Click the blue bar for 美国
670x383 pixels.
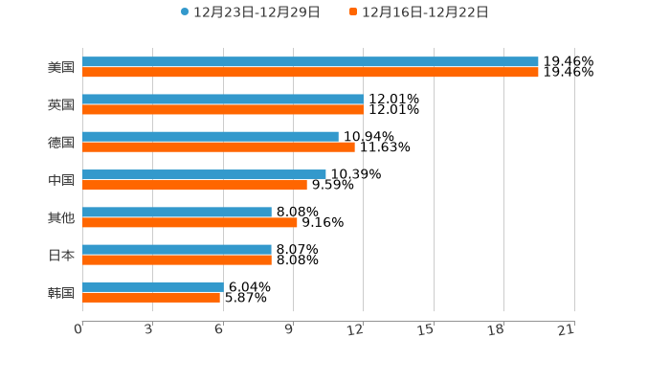[310, 61]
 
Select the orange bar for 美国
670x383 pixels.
[310, 72]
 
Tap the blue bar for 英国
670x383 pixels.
[223, 99]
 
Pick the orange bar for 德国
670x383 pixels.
[218, 146]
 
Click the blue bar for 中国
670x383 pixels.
[204, 174]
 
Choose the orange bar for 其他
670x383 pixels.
[190, 222]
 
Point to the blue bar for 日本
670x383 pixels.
[177, 249]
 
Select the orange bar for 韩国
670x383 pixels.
[151, 297]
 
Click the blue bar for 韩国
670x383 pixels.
[153, 286]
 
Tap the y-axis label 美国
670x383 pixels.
[61, 67]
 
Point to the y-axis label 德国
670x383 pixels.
[61, 142]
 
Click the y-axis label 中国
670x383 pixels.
[61, 180]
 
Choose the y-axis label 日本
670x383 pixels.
[61, 255]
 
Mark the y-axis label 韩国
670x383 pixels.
[61, 292]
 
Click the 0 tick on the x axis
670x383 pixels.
[79, 329]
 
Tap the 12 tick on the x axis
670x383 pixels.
[356, 329]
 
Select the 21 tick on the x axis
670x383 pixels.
[567, 329]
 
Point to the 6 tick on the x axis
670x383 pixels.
[219, 329]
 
